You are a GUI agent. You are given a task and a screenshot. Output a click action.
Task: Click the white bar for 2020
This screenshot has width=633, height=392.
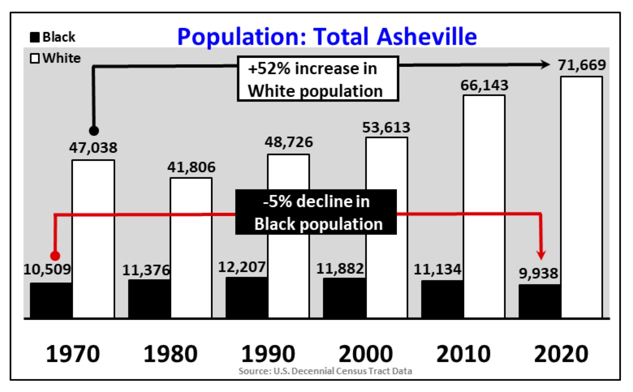[x=581, y=197]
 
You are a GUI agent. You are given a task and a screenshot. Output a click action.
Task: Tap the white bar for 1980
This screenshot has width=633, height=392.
[x=191, y=248]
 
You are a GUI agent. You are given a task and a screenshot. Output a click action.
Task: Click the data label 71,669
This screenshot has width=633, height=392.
[x=582, y=65]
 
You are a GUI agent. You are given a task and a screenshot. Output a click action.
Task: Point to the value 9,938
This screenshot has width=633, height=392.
[x=538, y=273]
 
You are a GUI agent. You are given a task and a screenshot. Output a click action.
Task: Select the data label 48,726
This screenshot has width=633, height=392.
[x=289, y=142]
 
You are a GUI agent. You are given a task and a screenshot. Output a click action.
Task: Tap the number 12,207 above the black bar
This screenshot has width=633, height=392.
[x=242, y=267]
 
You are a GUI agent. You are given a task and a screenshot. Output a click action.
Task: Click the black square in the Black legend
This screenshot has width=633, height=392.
[x=35, y=37]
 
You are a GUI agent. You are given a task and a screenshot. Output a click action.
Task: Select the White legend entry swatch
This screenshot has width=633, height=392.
[x=35, y=58]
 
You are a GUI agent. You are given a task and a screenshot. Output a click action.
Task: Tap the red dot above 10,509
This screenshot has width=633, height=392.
[x=55, y=256]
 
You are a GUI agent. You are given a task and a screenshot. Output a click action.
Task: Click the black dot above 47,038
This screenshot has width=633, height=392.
[x=94, y=131]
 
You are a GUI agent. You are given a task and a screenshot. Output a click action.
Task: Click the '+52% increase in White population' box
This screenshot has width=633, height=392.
[x=318, y=79]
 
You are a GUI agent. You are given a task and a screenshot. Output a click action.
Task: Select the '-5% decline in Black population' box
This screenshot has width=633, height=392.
[x=316, y=212]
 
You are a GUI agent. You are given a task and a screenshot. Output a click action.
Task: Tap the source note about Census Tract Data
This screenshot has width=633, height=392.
[x=325, y=371]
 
